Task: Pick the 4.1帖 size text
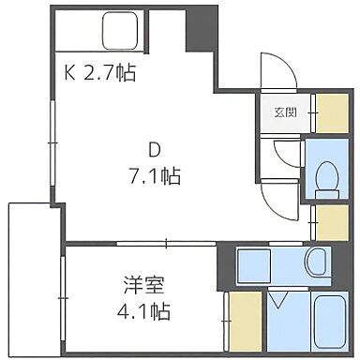pyautogui.click(x=148, y=305)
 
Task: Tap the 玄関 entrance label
pyautogui.click(x=285, y=112)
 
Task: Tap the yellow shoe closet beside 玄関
pyautogui.click(x=330, y=112)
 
